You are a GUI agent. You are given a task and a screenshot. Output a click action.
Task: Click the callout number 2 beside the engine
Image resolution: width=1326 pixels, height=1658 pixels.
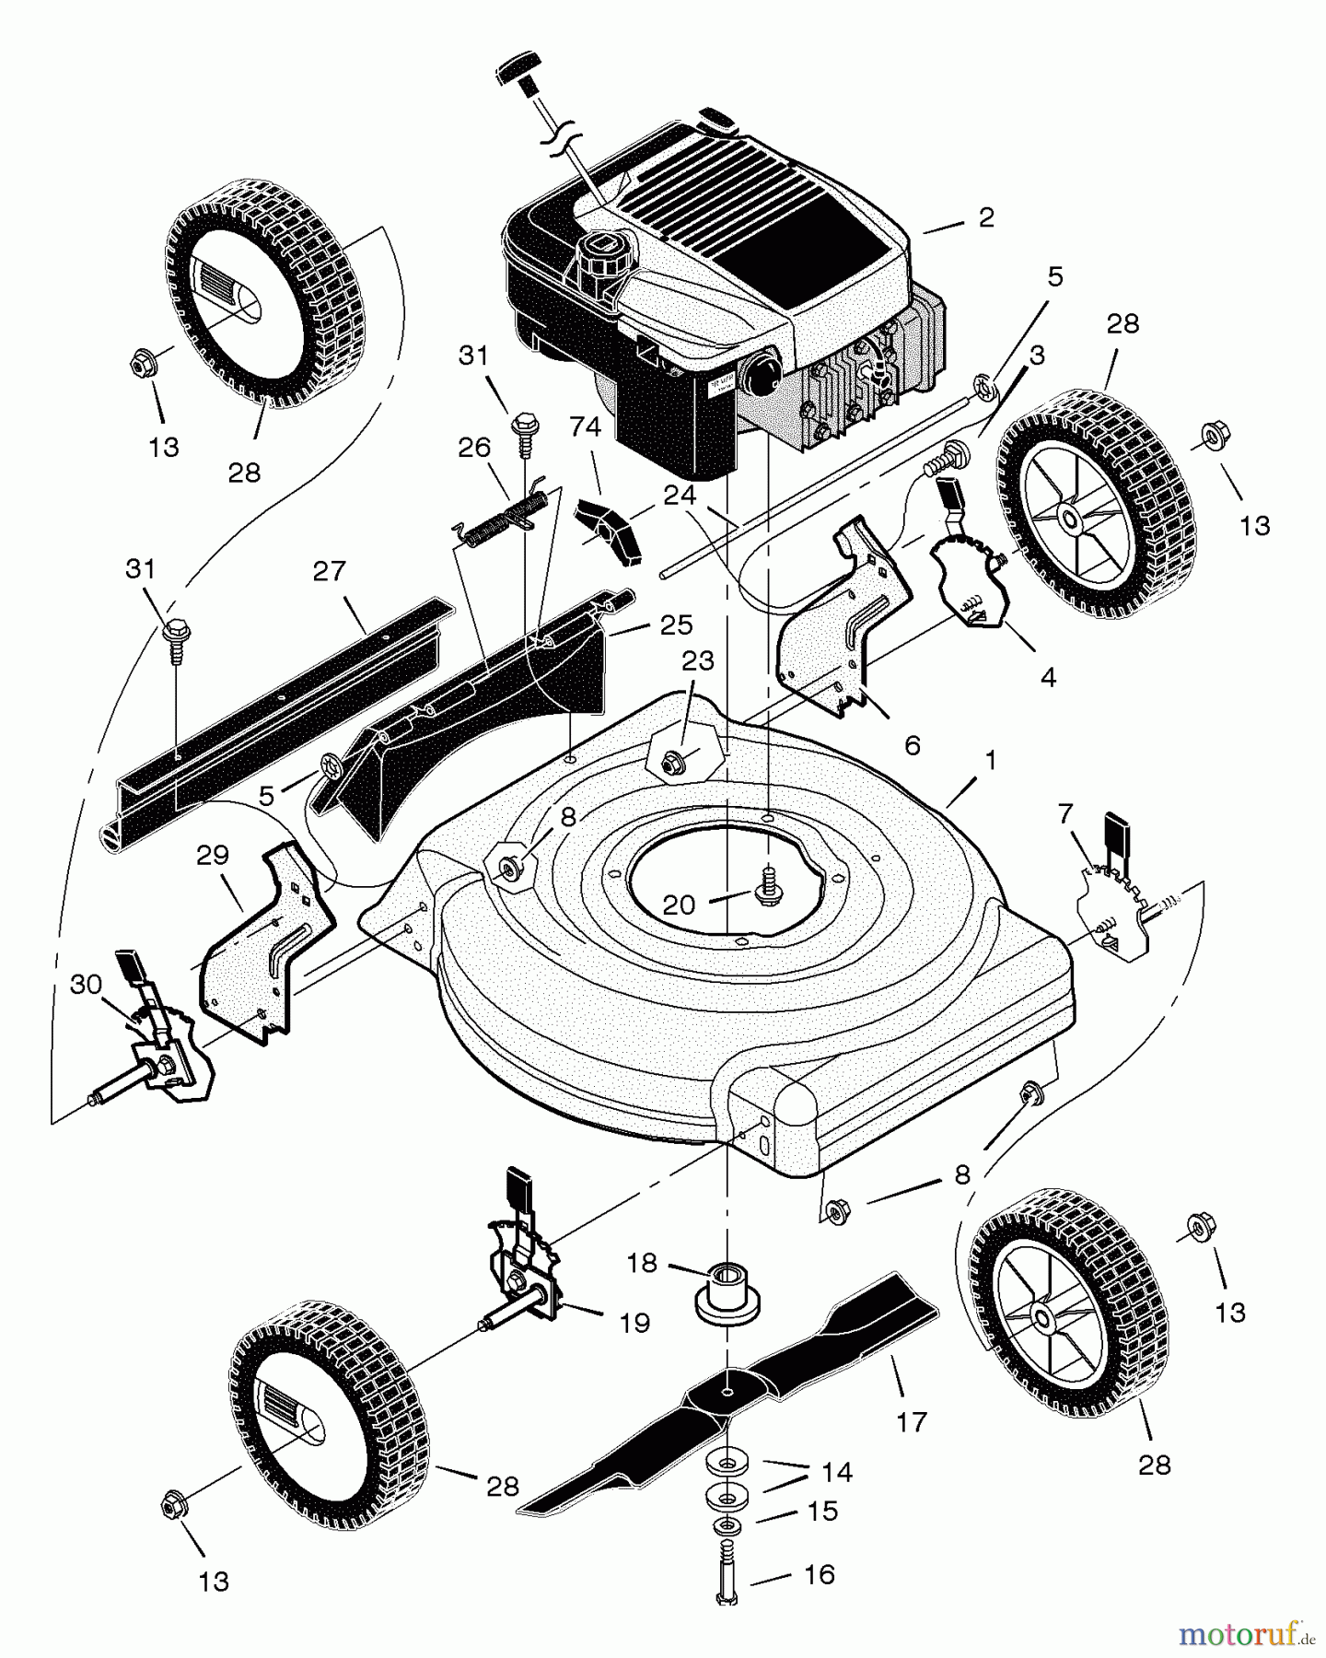tap(986, 218)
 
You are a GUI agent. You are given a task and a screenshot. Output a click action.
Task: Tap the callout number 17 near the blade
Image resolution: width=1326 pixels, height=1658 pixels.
tap(911, 1422)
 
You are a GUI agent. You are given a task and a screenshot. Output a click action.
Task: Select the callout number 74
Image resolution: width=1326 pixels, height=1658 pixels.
tap(586, 427)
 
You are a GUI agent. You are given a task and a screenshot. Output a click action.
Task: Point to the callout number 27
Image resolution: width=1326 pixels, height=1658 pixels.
tap(329, 571)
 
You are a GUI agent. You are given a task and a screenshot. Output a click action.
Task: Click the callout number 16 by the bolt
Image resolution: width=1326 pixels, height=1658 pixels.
tap(819, 1574)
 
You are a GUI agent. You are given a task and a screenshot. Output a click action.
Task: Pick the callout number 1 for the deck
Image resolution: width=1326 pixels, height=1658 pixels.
tap(991, 761)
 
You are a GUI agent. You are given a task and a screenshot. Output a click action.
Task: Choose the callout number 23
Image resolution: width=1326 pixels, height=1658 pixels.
tap(698, 660)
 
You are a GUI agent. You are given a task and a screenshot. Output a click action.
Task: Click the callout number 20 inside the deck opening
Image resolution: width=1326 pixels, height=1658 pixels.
tap(680, 905)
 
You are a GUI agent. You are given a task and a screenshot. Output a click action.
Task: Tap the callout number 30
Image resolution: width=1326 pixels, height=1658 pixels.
tap(86, 984)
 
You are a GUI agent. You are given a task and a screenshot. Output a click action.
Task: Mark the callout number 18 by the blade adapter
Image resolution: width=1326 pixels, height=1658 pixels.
tap(642, 1263)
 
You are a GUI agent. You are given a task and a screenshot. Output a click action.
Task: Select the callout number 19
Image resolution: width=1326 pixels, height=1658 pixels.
tap(635, 1323)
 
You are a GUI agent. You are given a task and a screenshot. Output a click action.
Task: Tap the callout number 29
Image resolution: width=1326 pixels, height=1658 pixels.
tap(212, 855)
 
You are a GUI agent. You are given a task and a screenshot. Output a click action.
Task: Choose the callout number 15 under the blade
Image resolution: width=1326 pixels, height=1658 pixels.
tap(822, 1511)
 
